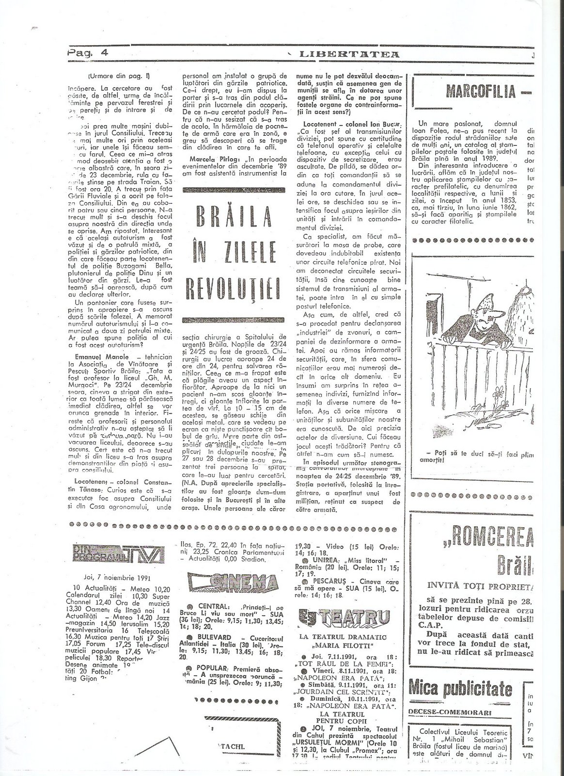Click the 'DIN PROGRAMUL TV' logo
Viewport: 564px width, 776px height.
click(119, 553)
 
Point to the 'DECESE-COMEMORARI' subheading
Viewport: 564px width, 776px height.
click(450, 712)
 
